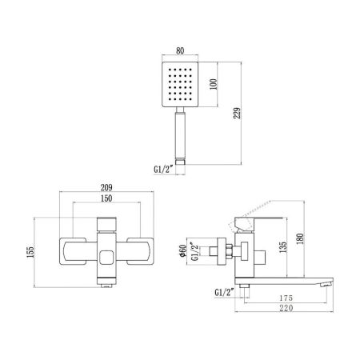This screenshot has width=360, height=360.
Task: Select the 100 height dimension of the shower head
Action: (x=214, y=84)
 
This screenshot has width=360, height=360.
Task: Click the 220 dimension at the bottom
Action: (x=280, y=310)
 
